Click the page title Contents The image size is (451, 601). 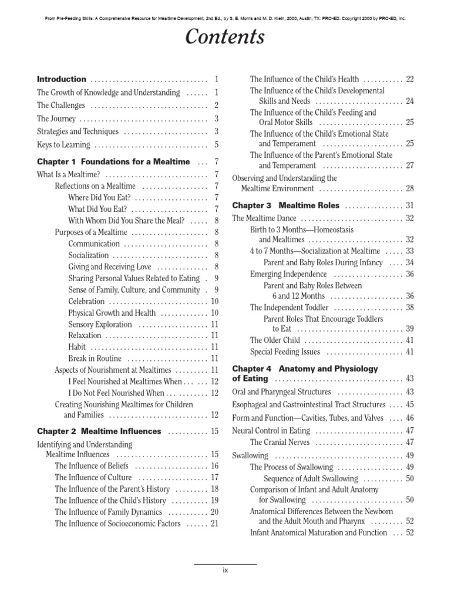[225, 38]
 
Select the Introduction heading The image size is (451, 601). [62, 79]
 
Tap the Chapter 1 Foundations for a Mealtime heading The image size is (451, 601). [113, 161]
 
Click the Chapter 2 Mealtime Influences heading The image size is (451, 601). [99, 431]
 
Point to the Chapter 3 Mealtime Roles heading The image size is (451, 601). [286, 206]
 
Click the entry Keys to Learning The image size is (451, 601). [63, 145]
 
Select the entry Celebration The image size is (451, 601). [87, 301]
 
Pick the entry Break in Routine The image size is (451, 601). [95, 359]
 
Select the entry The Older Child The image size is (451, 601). [275, 340]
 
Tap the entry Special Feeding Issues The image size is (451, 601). [285, 352]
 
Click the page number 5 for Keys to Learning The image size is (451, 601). [216, 145]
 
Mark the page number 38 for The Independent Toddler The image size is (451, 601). [409, 308]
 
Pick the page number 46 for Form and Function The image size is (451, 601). [409, 418]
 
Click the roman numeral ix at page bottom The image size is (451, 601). [225, 570]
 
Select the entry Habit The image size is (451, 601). [77, 347]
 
